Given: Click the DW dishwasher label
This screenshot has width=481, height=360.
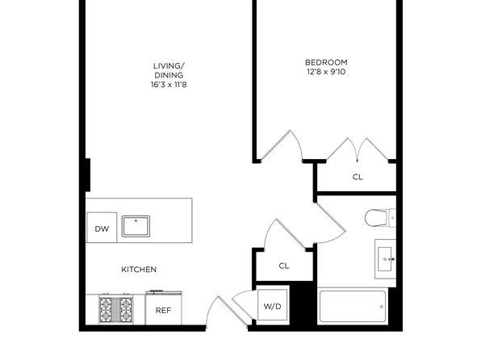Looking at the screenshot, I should tap(102, 229).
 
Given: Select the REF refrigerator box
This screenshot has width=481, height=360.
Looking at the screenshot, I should tap(163, 309).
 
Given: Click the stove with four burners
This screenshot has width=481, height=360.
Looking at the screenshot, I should tap(117, 309).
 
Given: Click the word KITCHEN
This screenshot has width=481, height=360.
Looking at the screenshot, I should tap(139, 270).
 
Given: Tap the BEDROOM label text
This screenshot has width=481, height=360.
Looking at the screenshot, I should tap(325, 63).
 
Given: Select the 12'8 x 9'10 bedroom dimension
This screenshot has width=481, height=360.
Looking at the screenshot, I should tap(325, 73).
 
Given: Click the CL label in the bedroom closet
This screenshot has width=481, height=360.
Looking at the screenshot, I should tap(358, 177).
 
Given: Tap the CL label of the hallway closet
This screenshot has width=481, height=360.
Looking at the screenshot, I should tap(283, 266).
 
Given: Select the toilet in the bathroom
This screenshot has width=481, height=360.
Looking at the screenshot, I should tap(379, 218).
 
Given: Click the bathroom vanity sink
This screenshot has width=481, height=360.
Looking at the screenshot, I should tap(386, 258).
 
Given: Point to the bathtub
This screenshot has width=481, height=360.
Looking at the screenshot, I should tap(353, 307).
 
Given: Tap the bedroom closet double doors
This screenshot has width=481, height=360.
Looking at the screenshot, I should tap(356, 150).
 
